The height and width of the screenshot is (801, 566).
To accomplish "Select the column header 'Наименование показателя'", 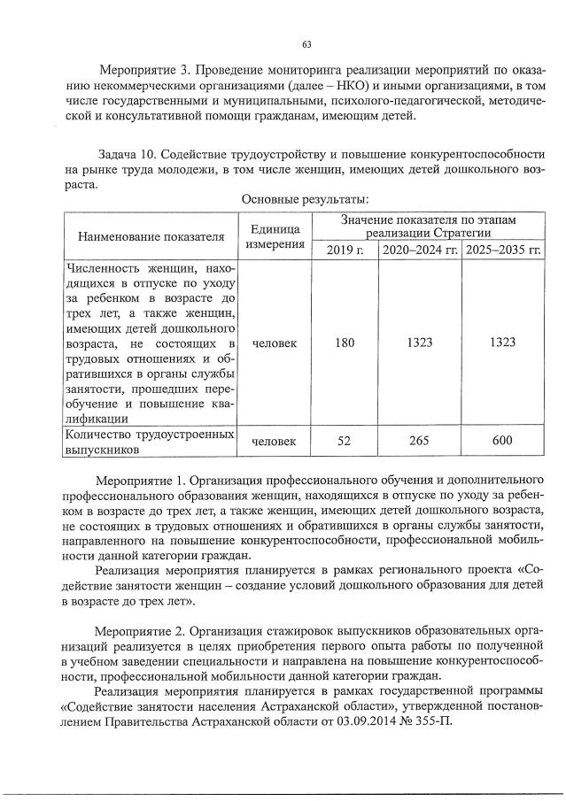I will pos(149,236).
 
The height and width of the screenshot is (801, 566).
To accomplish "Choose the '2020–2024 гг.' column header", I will pos(420,250).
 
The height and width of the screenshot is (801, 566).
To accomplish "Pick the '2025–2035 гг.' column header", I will pos(503,250).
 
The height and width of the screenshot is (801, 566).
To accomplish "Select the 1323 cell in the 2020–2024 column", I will pos(420,343).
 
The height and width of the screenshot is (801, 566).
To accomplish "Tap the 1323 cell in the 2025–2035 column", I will pos(503,343).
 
